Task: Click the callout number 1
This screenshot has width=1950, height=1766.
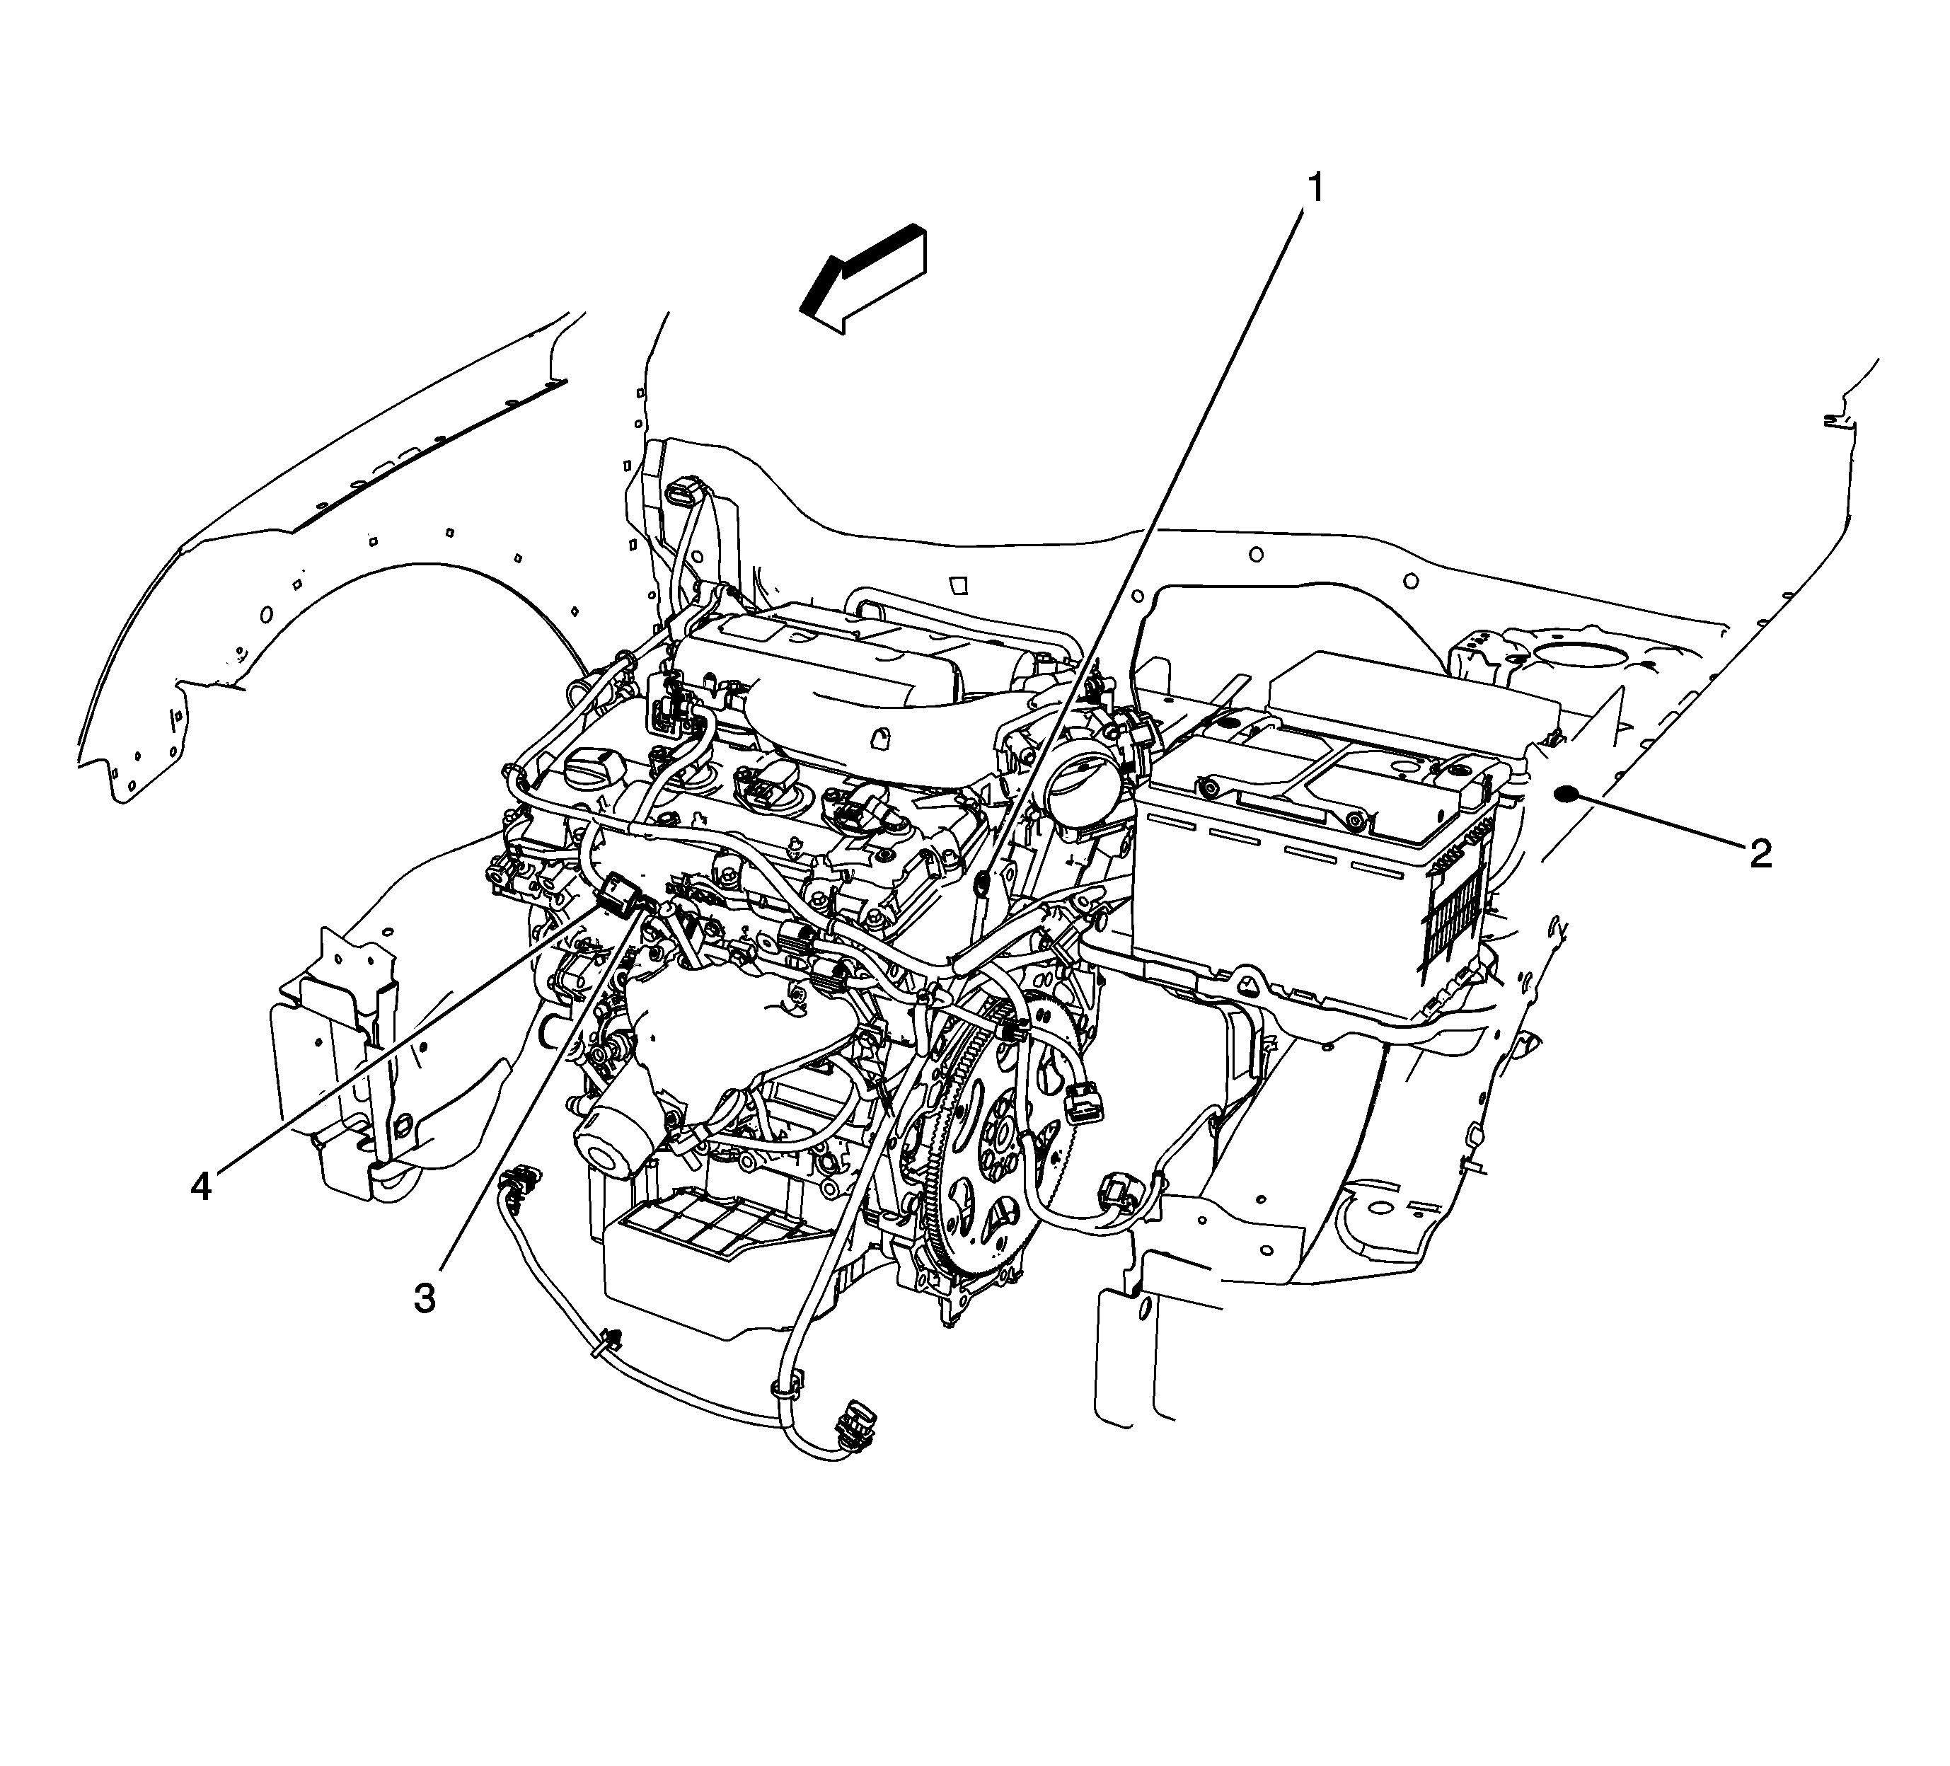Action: [x=1315, y=187]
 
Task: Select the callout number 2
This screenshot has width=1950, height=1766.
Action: [x=1760, y=853]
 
